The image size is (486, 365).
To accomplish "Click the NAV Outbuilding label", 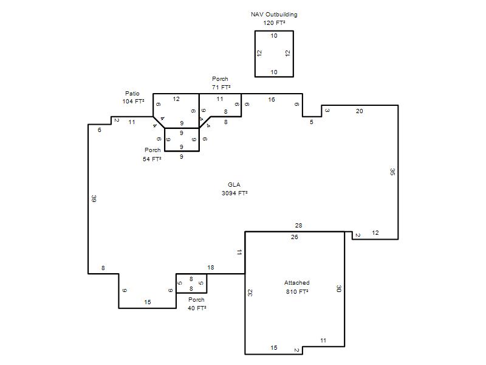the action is (274, 15).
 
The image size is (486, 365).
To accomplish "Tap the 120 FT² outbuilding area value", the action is (274, 23).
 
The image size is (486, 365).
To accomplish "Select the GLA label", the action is (234, 185).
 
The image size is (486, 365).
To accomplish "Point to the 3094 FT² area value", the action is (234, 193).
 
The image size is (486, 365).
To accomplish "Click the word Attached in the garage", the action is (296, 283).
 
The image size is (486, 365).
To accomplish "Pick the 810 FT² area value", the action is (297, 292).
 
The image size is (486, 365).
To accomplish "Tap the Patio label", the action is (132, 94).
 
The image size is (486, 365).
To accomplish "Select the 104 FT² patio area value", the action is (133, 102).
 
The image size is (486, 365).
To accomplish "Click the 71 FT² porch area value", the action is (221, 88).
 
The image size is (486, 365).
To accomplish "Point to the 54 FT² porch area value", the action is (152, 159).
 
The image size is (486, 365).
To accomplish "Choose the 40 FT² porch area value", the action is (197, 308).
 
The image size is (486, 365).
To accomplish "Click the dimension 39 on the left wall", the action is (94, 199).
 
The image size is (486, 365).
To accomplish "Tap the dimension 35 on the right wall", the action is (392, 172).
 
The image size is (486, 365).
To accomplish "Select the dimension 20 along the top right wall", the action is (359, 111).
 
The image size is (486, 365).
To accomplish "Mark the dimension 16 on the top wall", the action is (272, 100).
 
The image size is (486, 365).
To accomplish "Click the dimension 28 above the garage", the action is (298, 226).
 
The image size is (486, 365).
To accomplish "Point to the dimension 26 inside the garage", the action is (295, 237).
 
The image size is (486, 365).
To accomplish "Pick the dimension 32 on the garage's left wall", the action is (250, 293).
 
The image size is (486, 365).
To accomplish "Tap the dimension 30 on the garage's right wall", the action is (339, 288).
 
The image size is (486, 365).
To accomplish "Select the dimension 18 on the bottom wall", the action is (211, 268).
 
